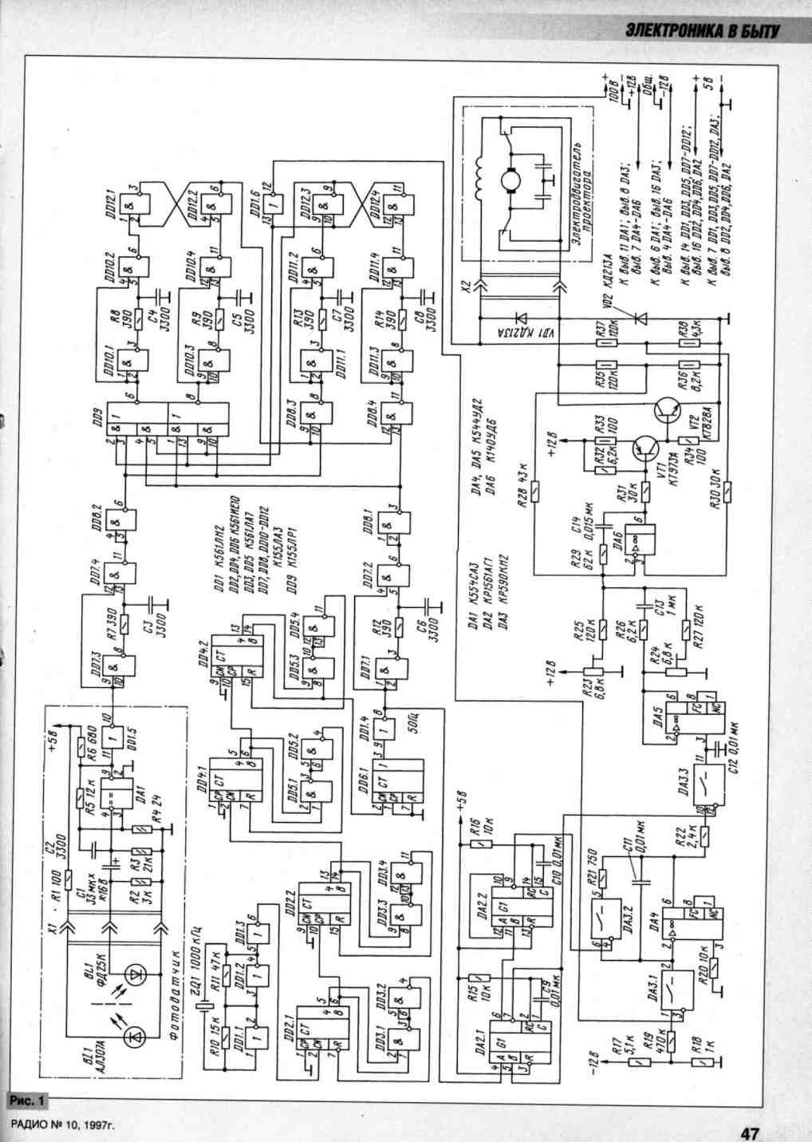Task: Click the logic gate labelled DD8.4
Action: (394, 415)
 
